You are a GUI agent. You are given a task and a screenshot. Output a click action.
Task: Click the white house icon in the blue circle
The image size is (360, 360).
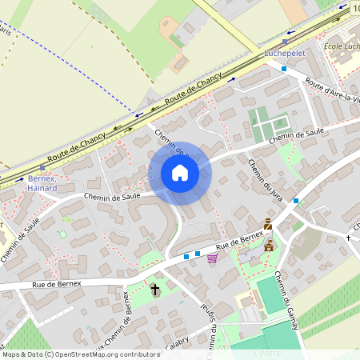click(x=180, y=173)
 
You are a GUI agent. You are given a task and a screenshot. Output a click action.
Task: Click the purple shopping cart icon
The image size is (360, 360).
click(x=212, y=258)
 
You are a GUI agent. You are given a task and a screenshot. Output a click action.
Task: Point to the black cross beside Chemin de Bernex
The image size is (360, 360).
click(x=155, y=288)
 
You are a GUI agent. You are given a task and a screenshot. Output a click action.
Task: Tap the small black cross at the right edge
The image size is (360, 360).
click(x=349, y=238)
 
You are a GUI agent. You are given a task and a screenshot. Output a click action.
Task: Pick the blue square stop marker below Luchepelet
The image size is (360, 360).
click(x=283, y=69)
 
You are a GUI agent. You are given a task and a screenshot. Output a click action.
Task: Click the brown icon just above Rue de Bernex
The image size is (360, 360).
click(x=268, y=225)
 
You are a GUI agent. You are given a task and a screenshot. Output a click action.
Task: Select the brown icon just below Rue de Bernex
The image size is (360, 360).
click(x=270, y=245)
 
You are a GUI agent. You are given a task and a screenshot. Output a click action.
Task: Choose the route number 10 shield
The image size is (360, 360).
click(x=354, y=7)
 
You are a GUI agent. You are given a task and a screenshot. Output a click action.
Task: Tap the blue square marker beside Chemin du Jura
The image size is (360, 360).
click(x=296, y=200)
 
